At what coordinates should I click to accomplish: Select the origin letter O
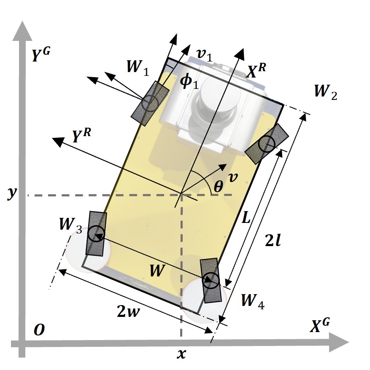pos(39,331)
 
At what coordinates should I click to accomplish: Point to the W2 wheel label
pos(325,91)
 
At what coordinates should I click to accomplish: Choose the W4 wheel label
pos(253,301)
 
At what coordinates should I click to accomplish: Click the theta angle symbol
pos(218,187)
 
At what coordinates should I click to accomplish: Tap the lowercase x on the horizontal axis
pos(181,354)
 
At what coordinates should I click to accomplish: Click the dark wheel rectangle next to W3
pos(96,233)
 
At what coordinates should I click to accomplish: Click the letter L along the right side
pos(247,218)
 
